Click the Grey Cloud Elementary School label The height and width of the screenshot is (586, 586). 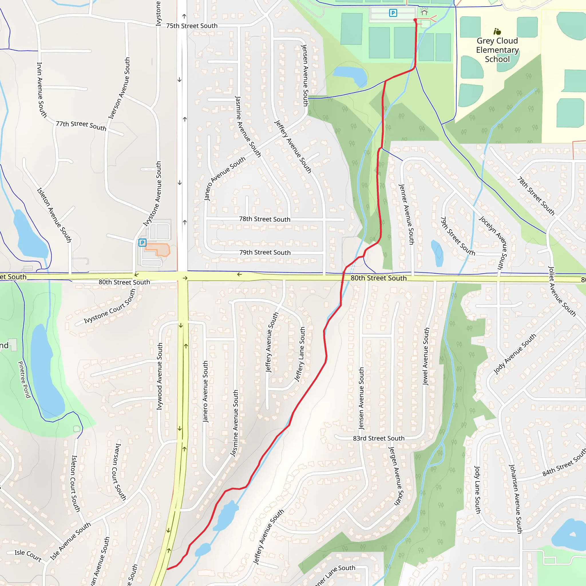(x=497, y=50)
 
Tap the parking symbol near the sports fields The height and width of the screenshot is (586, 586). (x=393, y=13)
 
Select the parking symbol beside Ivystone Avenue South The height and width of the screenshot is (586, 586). (x=142, y=243)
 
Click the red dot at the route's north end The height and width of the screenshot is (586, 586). (x=415, y=20)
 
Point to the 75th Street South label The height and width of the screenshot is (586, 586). (x=192, y=26)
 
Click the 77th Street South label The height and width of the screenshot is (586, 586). (x=81, y=126)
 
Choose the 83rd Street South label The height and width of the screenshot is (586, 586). (x=379, y=438)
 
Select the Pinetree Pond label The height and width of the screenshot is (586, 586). (x=24, y=379)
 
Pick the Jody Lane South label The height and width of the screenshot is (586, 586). (x=478, y=490)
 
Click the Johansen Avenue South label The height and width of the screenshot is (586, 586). (x=515, y=499)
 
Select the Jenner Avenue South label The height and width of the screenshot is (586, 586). (x=406, y=214)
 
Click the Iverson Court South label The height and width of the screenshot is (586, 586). (x=116, y=472)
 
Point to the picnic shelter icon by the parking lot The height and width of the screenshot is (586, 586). (x=424, y=12)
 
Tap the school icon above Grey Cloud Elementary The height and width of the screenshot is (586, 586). (x=497, y=31)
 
